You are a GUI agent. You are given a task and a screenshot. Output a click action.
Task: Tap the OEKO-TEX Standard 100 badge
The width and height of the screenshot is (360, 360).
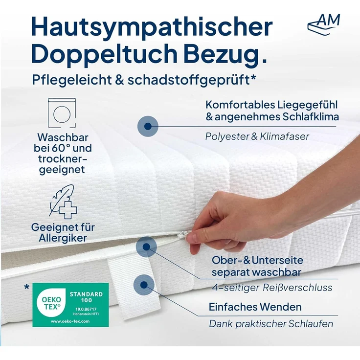[70, 304]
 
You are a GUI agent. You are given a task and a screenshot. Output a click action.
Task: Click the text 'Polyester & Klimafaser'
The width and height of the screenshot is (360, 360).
[257, 136]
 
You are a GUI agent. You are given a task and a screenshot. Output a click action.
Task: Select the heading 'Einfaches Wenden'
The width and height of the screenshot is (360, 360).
[255, 307]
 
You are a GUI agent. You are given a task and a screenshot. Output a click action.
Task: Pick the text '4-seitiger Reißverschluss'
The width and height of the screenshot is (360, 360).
[272, 288]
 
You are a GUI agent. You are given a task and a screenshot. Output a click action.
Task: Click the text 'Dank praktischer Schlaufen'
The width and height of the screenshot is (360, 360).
[271, 324]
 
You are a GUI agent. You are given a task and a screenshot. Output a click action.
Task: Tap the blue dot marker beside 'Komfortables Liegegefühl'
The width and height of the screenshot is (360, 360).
[147, 126]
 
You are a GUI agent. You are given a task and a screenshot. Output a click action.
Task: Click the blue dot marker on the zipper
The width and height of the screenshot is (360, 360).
[145, 247]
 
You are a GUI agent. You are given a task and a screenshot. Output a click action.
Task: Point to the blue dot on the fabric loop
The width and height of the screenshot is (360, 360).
[143, 284]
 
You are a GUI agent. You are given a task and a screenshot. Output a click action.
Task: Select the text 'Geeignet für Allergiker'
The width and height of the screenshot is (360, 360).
[63, 233]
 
